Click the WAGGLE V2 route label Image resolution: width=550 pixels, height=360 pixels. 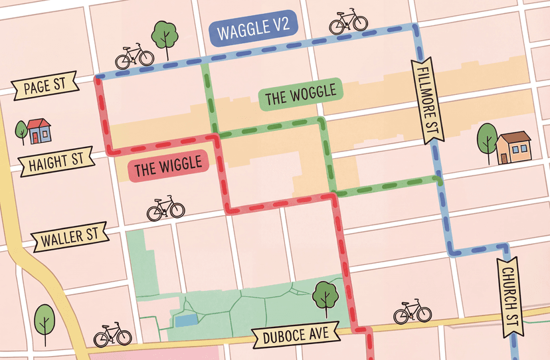click(253, 31)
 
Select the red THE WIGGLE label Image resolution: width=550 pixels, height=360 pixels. click(167, 169)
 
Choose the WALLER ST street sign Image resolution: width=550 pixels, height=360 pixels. click(69, 237)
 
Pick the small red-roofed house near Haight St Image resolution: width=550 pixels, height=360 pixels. click(38, 132)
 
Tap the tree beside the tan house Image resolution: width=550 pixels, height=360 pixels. click(488, 139)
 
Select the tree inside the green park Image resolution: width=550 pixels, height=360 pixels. click(325, 296)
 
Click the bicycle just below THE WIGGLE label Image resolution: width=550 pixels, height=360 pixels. click(165, 209)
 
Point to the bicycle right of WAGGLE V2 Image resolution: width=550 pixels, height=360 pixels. click(348, 22)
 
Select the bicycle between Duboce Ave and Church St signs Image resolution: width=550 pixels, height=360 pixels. click(412, 312)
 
